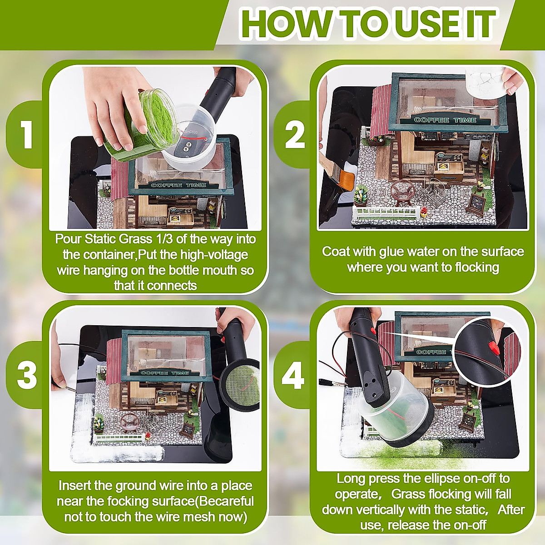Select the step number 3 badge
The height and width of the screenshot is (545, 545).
[x=27, y=374]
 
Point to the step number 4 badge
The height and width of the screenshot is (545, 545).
[x=293, y=374]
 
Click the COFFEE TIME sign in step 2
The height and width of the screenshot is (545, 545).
[x=446, y=120]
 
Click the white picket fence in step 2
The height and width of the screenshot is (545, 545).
[x=386, y=211]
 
